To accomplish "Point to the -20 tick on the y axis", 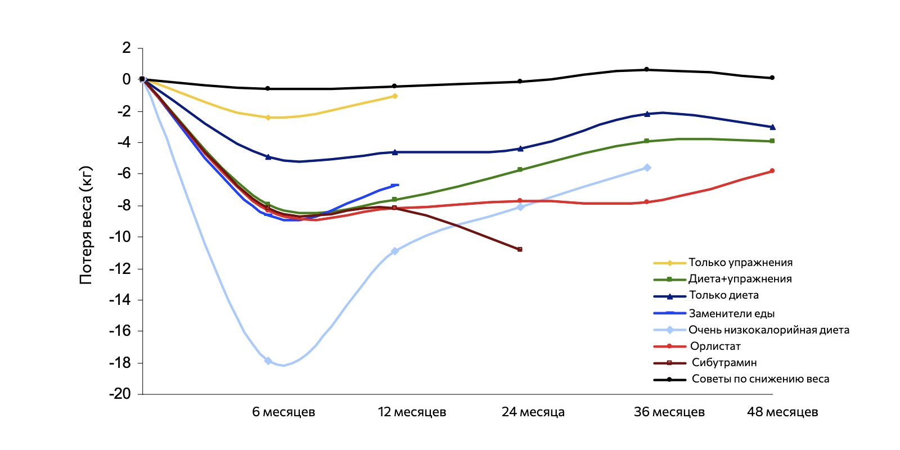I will point(120,394).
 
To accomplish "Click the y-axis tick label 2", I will point(127,48).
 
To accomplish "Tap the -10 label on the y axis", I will point(120,237).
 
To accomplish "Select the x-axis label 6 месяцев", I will point(283,412).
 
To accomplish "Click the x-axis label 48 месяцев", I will point(782,412).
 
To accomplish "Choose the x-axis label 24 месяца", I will point(533,412).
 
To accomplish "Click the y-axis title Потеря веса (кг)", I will point(86,225).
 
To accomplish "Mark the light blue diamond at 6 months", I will point(268,361).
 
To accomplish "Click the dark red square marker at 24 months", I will point(520,249).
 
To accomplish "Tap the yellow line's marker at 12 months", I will point(395,96).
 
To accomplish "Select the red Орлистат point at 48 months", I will point(772,171).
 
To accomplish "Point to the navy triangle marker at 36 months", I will point(647,114).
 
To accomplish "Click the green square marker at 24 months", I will point(520,169).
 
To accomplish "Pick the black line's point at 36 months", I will point(646,70).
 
